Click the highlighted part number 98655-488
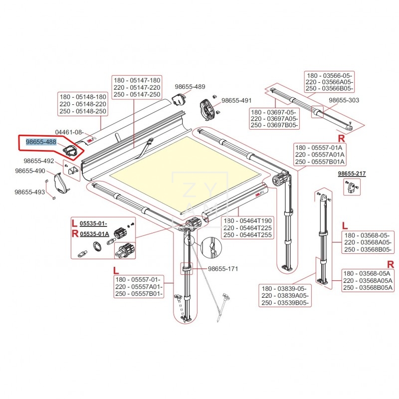pyautogui.click(x=41, y=143)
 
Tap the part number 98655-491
pyautogui.click(x=237, y=100)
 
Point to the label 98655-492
pyautogui.click(x=38, y=161)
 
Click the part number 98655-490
pyautogui.click(x=30, y=171)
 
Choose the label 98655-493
pyautogui.click(x=29, y=192)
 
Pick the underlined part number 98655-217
pyautogui.click(x=352, y=174)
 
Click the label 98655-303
pyautogui.click(x=343, y=100)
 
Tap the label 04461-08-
pyautogui.click(x=69, y=132)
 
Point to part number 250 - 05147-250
pyautogui.click(x=136, y=94)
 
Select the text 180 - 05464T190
pyautogui.click(x=247, y=221)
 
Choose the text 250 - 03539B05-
pyautogui.click(x=284, y=303)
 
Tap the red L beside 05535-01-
pyautogui.click(x=73, y=223)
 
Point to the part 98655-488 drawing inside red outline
pyautogui.click(x=70, y=150)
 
